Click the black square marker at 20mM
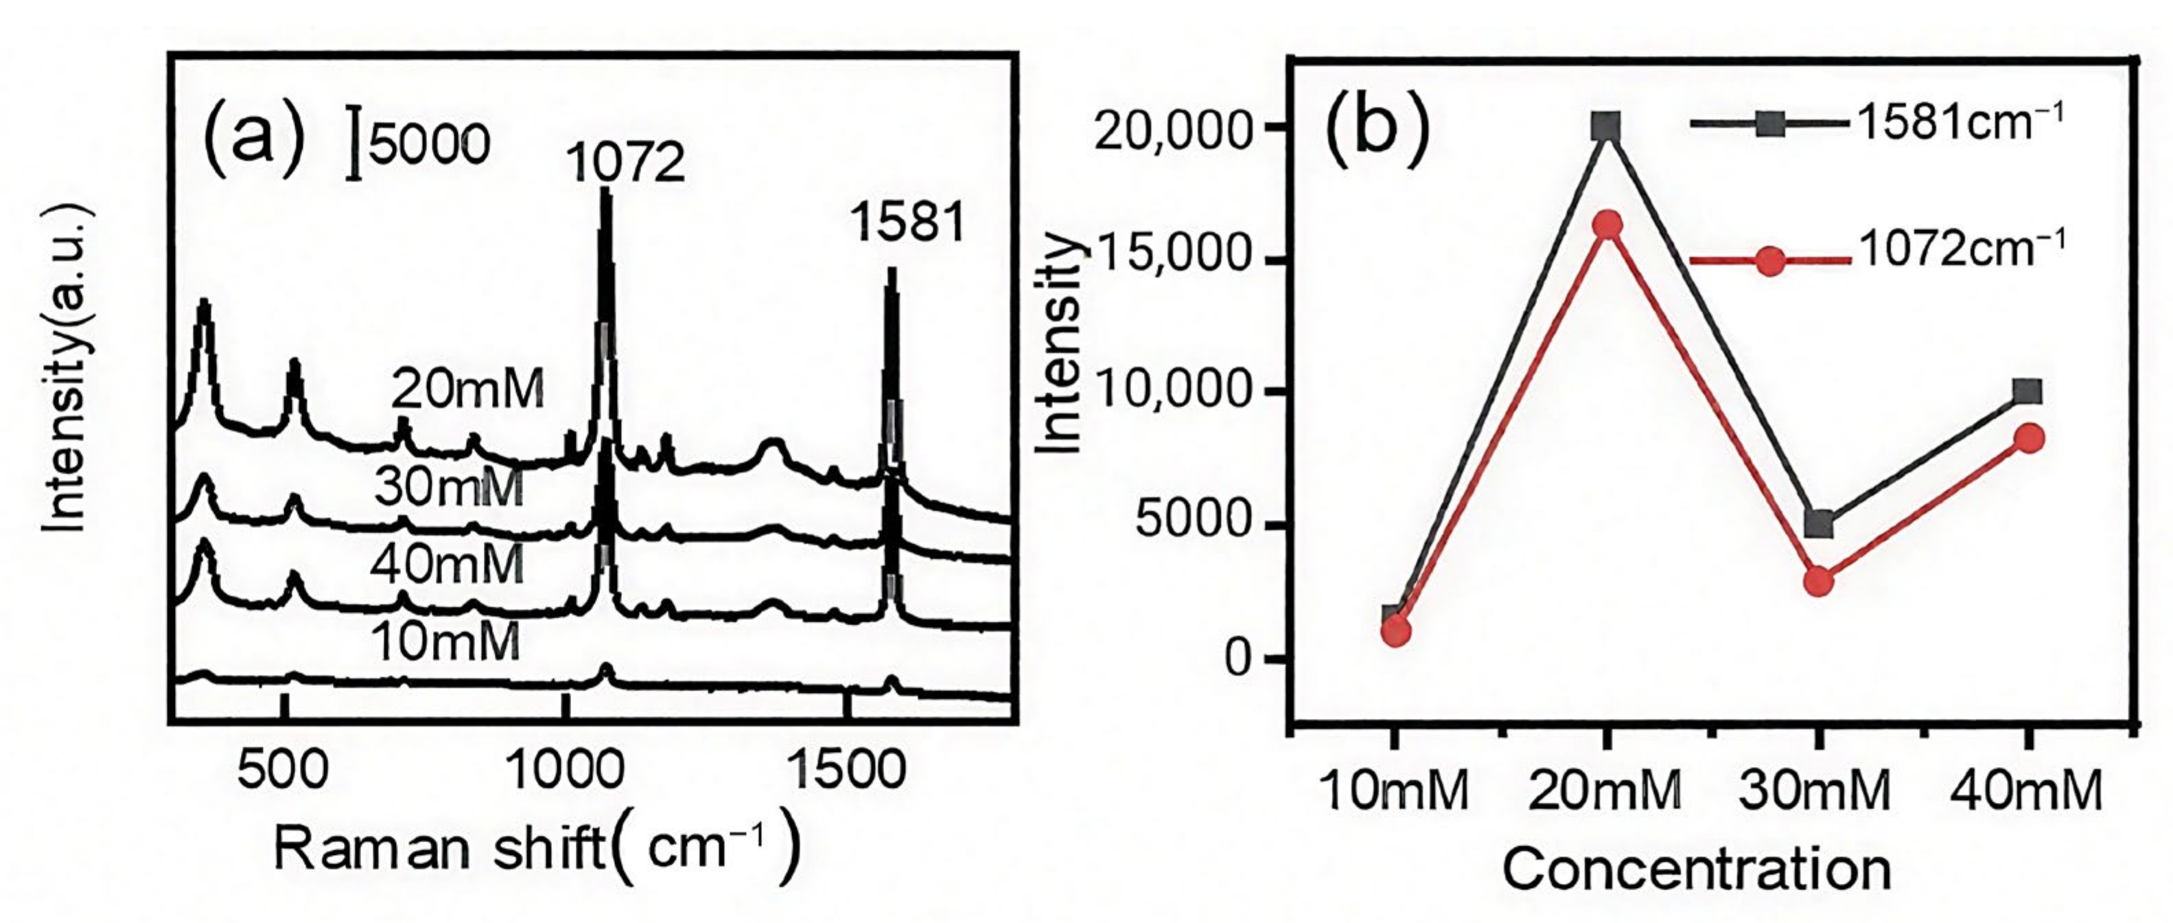tap(1606, 128)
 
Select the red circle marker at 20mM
tap(1606, 225)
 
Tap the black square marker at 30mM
tap(1819, 524)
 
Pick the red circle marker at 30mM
tap(1819, 581)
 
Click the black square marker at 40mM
tap(2027, 391)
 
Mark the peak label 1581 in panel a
tap(907, 224)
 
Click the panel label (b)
tap(1377, 126)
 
